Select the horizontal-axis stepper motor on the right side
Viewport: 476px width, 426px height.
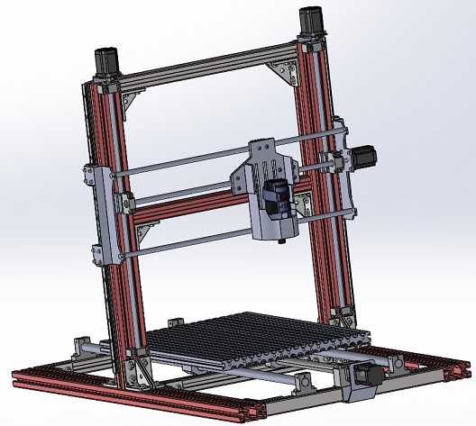[x=363, y=157]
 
